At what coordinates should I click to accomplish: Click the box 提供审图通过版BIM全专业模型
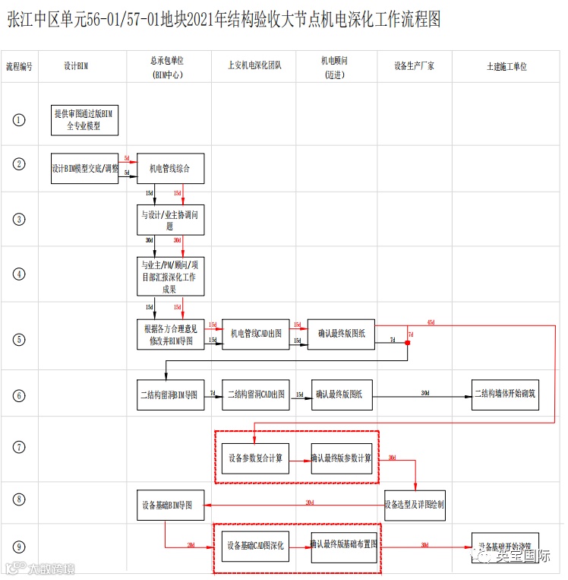84,120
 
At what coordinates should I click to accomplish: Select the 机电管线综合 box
171,168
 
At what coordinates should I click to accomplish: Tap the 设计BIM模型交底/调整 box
85,168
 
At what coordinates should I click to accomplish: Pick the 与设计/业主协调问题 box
170,220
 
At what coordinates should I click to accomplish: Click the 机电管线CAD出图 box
256,333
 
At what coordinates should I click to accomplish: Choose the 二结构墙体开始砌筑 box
505,394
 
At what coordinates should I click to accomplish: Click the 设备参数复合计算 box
256,458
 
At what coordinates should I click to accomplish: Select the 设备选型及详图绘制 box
415,504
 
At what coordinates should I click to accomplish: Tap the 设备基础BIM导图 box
172,505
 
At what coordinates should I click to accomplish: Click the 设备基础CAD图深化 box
257,546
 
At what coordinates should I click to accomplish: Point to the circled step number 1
19,119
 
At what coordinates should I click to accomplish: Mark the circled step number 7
19,447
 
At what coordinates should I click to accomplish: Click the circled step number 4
19,274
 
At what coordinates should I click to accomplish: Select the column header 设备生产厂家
415,66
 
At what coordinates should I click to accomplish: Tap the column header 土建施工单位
506,66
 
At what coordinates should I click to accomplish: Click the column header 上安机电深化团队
255,66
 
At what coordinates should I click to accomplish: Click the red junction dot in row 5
407,344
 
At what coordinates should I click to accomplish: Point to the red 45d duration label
431,322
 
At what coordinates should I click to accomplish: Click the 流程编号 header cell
19,66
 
